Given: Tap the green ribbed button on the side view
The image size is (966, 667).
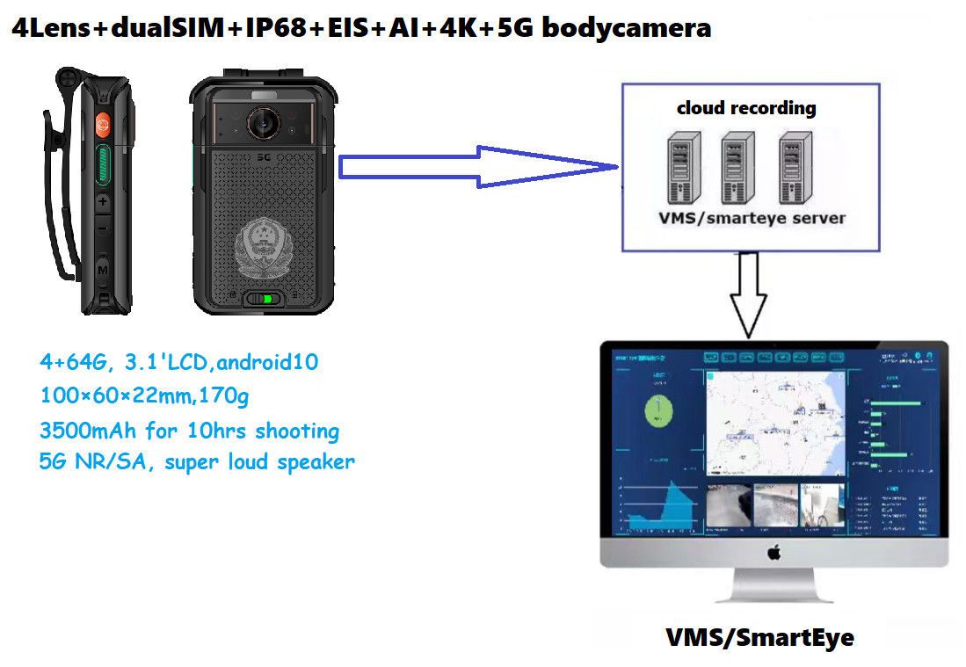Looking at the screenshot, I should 103,167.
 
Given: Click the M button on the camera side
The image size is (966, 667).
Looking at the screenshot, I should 103,268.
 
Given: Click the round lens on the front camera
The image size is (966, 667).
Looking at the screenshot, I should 262,124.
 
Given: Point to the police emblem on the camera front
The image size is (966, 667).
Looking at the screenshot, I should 261,246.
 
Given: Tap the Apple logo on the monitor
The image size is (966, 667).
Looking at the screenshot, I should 774,553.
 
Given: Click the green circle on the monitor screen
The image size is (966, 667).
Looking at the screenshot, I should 657,410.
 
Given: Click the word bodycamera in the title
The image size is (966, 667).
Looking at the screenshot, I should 626,27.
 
